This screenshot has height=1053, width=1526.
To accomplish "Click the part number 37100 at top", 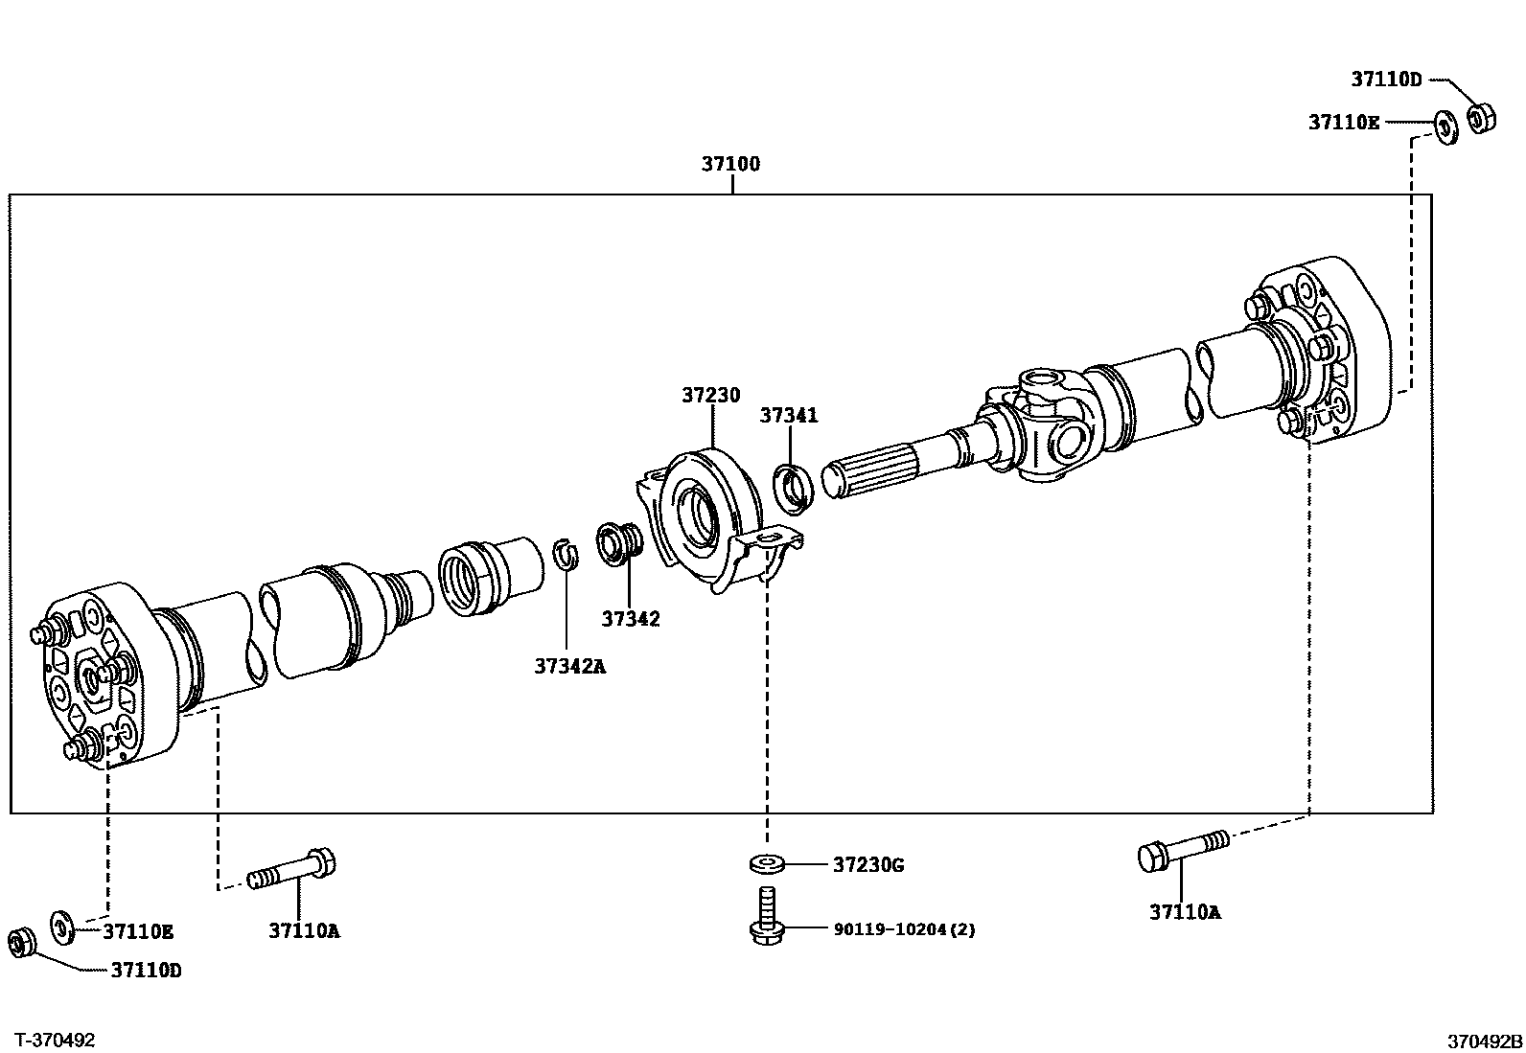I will pyautogui.click(x=730, y=164).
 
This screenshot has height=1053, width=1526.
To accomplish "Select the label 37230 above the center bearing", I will pyautogui.click(x=711, y=395).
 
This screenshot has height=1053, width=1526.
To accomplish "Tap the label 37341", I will pyautogui.click(x=789, y=415).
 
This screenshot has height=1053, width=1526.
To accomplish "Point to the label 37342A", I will pyautogui.click(x=570, y=666).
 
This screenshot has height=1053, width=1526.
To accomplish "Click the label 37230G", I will pyautogui.click(x=867, y=865).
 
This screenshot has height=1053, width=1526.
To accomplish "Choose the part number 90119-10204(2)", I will pyautogui.click(x=904, y=929).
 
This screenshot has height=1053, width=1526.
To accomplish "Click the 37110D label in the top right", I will pyautogui.click(x=1387, y=80).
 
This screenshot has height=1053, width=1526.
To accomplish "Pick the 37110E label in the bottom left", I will pyautogui.click(x=139, y=931).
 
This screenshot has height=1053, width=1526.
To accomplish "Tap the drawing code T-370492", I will pyautogui.click(x=57, y=1040).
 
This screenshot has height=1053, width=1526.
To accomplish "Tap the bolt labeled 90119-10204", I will pyautogui.click(x=766, y=915).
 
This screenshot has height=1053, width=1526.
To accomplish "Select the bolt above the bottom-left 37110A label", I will pyautogui.click(x=293, y=870).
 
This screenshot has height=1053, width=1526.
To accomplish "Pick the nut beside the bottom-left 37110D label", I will pyautogui.click(x=20, y=941).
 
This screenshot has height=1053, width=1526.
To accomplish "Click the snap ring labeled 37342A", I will pyautogui.click(x=566, y=554).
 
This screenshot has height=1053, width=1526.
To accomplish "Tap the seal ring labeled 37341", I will pyautogui.click(x=794, y=484).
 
